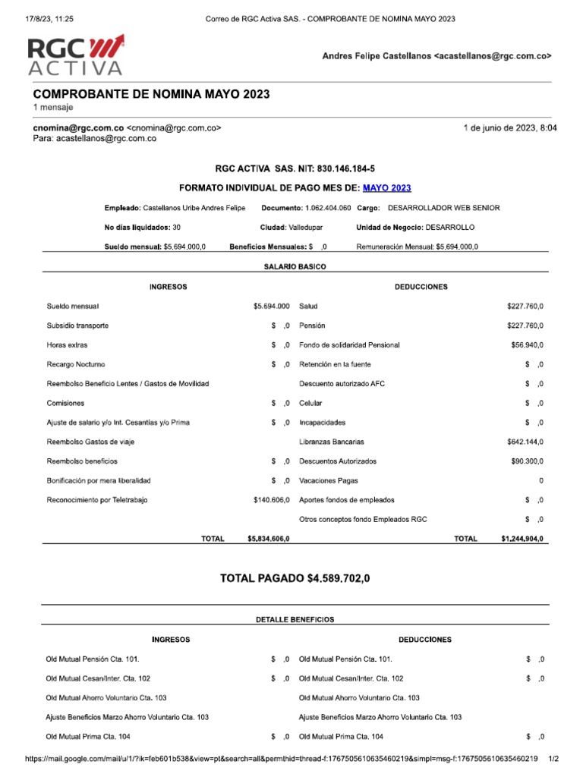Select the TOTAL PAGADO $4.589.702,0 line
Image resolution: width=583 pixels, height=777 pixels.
click(296, 578)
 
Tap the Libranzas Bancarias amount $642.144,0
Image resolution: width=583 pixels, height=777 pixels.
click(525, 442)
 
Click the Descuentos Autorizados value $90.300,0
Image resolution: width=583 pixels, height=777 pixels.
click(527, 461)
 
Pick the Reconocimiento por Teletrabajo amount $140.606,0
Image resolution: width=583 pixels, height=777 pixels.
click(272, 500)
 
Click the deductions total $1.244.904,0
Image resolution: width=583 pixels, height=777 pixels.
click(522, 539)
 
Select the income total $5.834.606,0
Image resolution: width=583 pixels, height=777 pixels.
click(269, 539)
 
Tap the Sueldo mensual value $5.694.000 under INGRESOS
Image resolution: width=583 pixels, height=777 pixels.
click(272, 306)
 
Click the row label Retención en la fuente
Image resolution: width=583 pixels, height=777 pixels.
click(335, 364)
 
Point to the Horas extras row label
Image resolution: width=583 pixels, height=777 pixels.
click(67, 344)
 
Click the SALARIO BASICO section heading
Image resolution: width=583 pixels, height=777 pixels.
click(295, 267)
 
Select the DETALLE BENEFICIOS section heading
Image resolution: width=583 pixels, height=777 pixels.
click(295, 619)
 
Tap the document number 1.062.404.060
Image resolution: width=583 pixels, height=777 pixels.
click(327, 208)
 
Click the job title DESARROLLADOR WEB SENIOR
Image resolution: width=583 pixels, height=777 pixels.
click(443, 208)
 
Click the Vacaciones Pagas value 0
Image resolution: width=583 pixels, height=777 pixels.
click(540, 481)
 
